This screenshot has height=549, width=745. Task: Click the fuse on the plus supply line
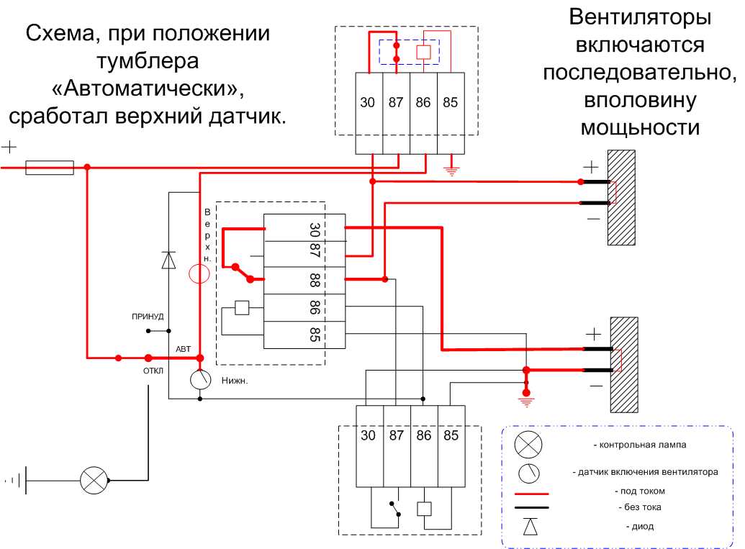click(50, 168)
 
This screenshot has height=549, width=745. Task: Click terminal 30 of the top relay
click(368, 103)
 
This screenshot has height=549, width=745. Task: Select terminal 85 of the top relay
click(450, 103)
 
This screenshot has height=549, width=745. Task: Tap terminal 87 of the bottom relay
click(396, 435)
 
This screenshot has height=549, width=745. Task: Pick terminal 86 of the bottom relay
click(423, 435)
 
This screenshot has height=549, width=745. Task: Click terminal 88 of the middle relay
click(315, 280)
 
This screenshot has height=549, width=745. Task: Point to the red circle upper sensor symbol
click(199, 273)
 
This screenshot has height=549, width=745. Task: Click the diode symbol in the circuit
click(169, 259)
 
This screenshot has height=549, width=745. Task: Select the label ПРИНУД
click(148, 316)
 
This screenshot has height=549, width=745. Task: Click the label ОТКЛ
click(153, 371)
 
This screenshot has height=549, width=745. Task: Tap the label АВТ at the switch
click(184, 349)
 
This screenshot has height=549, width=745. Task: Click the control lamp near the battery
click(93, 479)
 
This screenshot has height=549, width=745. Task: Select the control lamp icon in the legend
click(528, 445)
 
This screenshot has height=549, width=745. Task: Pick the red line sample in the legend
click(531, 494)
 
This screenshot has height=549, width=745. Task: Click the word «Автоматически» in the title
click(148, 89)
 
